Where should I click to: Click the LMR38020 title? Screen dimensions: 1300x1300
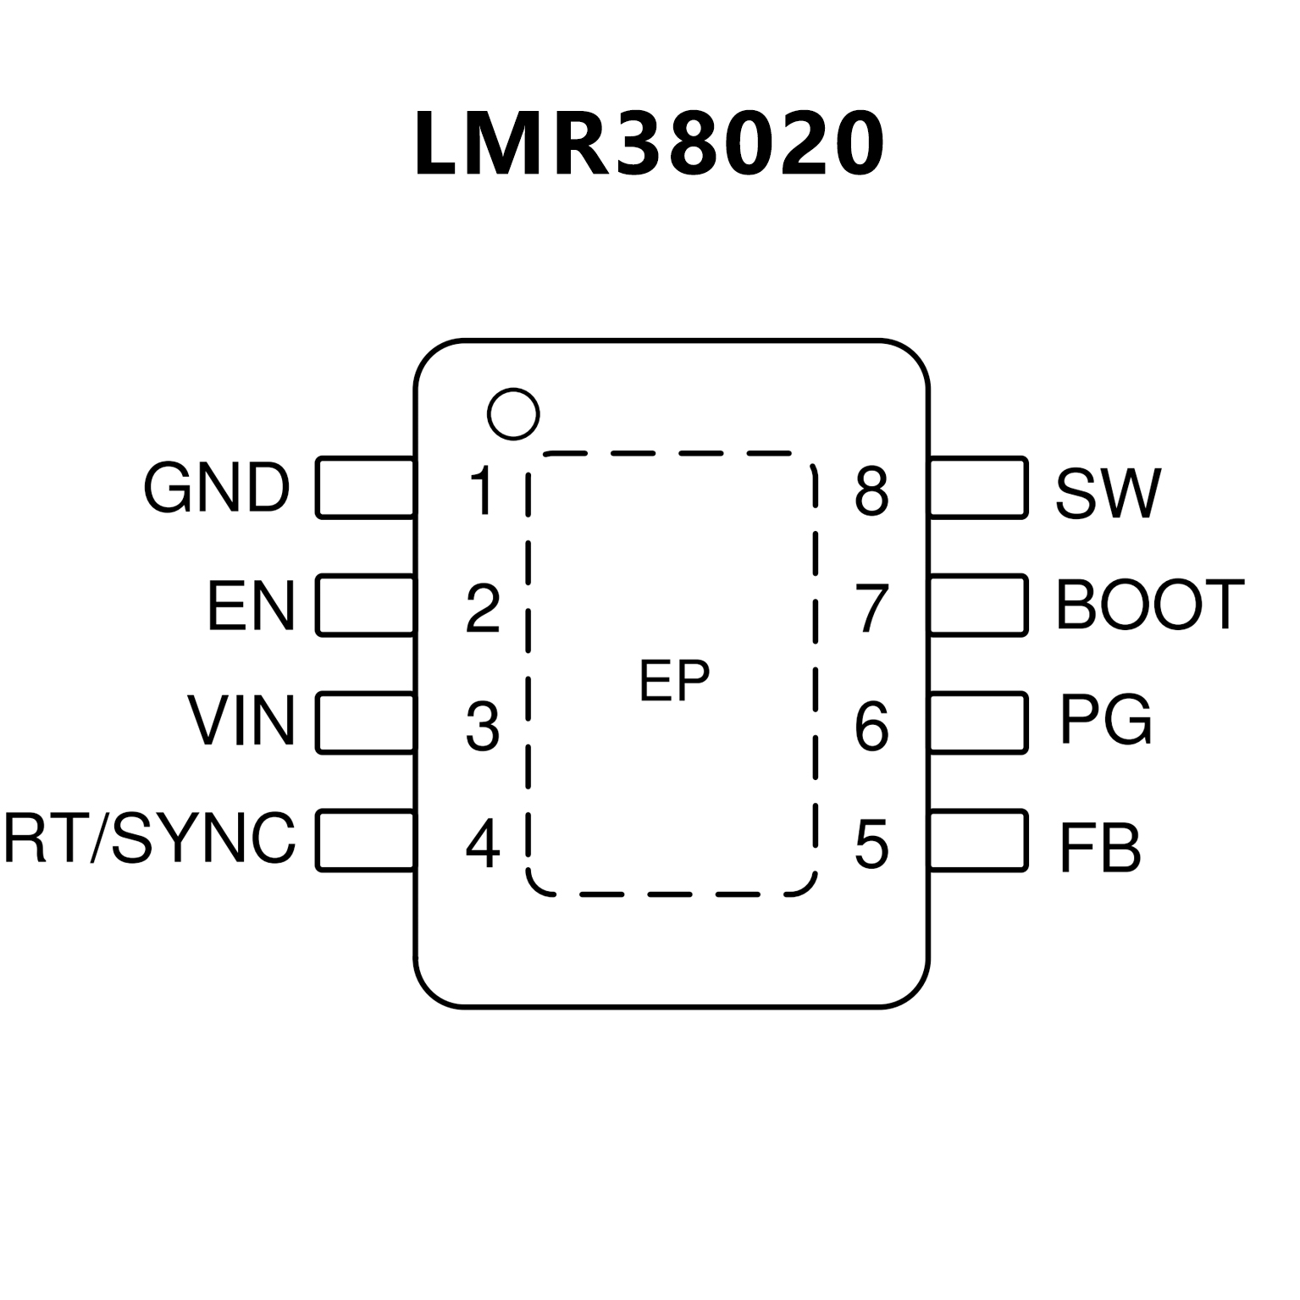point(650,144)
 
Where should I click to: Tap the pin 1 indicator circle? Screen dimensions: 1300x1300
point(513,414)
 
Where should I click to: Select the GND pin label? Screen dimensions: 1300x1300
point(217,489)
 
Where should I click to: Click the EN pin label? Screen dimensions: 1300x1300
point(251,606)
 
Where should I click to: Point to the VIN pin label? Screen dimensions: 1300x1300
point(241,722)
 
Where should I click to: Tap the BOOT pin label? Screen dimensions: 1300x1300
point(1150,605)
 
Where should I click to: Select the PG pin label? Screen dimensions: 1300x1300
point(1105,721)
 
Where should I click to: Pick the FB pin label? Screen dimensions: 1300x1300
point(1099,848)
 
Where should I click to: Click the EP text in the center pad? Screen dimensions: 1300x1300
point(674,681)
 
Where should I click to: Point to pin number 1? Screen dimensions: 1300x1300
point(483,490)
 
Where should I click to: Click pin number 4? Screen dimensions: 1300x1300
point(483,844)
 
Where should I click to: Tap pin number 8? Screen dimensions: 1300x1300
point(871,492)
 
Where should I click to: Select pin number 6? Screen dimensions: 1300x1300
point(871,727)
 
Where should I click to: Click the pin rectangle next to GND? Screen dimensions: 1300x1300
point(366,487)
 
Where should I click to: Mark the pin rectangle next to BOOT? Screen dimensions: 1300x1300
point(978,605)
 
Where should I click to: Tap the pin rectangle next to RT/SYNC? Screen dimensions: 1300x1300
point(366,840)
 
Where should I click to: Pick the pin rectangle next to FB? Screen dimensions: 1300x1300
point(978,840)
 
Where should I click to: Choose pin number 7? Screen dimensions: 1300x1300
point(871,609)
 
